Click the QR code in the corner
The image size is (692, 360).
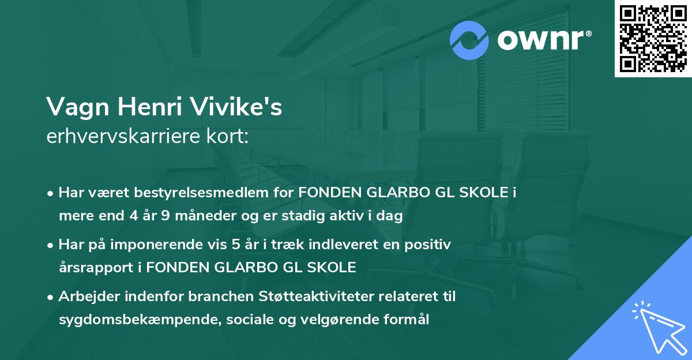coord(653,38)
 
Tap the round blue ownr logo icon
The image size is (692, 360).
coord(469,40)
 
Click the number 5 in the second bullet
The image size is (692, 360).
coord(235,244)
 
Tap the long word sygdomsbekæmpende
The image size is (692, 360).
coord(125,320)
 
